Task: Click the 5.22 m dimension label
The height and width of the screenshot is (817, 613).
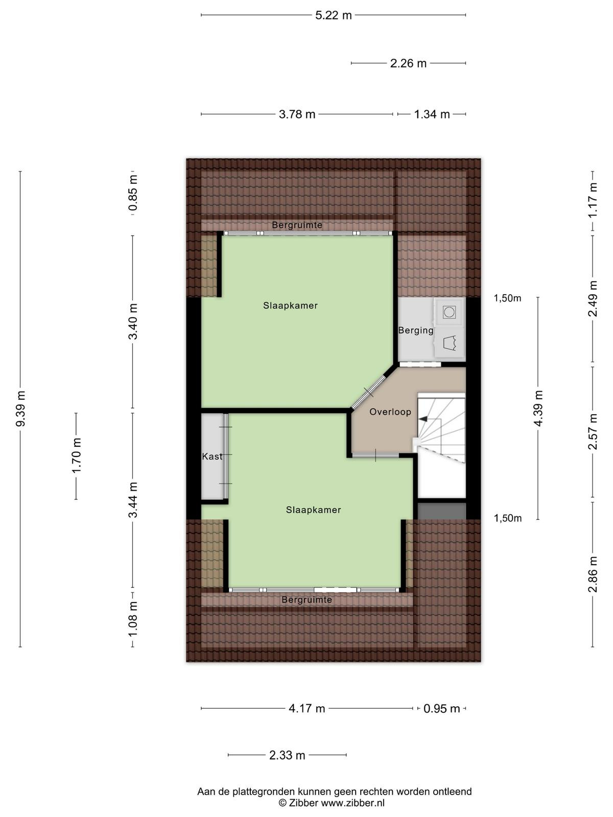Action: coord(333,15)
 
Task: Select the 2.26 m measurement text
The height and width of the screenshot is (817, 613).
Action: coord(408,63)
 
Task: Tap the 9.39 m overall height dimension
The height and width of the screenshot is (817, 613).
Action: coord(21,408)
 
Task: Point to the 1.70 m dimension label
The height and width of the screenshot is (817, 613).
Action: coord(77,455)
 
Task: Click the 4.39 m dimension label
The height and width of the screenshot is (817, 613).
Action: coord(538,408)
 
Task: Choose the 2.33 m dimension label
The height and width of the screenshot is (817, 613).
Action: coord(287,755)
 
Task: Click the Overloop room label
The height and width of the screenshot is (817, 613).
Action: coord(390,412)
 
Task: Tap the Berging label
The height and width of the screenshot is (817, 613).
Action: coord(416,330)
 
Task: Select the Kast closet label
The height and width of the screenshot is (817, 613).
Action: coord(212,456)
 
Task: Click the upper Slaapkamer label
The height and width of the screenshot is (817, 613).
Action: coord(290,305)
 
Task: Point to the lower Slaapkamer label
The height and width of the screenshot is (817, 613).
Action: coord(313,510)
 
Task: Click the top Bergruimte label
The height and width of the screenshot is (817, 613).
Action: coord(297,225)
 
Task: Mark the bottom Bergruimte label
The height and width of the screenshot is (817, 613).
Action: coord(306,599)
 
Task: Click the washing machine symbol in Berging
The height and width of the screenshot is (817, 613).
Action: coord(449,312)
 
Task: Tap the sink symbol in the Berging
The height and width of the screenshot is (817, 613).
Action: coord(450,343)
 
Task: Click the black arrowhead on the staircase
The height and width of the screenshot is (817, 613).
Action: coord(423,419)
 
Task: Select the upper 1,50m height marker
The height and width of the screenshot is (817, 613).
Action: coord(507,298)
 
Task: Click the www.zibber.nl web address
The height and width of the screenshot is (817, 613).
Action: coord(352,803)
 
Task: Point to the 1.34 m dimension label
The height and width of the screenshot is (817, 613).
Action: coord(432,114)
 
